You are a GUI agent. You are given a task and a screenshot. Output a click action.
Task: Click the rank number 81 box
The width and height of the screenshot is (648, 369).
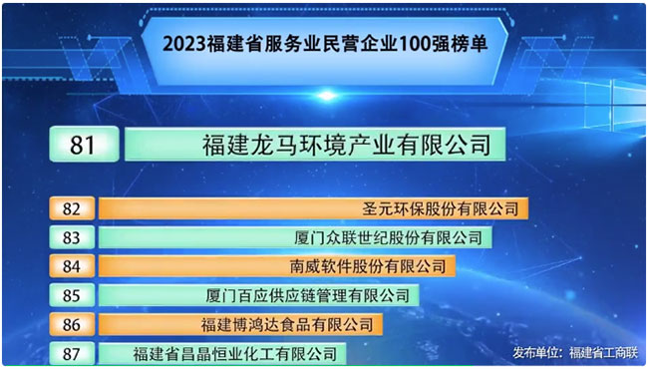(x=84, y=145)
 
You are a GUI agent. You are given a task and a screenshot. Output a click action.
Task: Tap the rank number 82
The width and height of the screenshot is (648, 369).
(x=72, y=208)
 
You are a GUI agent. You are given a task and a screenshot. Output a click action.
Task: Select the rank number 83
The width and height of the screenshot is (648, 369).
(x=72, y=237)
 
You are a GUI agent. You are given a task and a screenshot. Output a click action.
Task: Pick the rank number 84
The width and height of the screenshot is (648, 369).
(x=72, y=266)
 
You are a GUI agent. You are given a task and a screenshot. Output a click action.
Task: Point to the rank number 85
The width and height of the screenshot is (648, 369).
(x=72, y=295)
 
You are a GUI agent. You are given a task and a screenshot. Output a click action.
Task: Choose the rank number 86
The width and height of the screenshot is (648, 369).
(x=72, y=325)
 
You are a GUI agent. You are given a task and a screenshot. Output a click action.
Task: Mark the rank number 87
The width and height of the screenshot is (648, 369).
(x=72, y=354)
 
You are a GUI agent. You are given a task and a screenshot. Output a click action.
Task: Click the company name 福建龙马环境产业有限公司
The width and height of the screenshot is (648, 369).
(x=346, y=145)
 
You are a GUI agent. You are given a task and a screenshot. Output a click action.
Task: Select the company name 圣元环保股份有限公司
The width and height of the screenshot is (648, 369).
(x=440, y=208)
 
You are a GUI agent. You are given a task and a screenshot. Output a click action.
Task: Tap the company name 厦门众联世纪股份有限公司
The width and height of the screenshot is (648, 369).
(x=389, y=237)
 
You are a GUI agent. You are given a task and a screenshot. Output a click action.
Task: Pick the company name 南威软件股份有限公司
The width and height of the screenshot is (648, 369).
(x=368, y=266)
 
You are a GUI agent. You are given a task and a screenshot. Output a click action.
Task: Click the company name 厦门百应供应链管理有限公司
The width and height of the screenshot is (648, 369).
(x=308, y=296)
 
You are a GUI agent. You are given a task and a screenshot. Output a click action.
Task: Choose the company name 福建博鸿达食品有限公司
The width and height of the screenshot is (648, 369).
(x=287, y=325)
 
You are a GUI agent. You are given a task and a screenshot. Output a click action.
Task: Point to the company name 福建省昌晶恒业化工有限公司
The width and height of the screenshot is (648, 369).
(x=234, y=354)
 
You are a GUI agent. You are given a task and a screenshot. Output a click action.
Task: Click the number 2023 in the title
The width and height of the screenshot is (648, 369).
(x=184, y=44)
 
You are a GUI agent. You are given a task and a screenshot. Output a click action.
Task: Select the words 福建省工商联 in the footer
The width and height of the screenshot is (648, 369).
(x=604, y=353)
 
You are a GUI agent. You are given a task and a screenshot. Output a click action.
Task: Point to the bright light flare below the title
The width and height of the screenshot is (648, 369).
(x=327, y=96)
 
